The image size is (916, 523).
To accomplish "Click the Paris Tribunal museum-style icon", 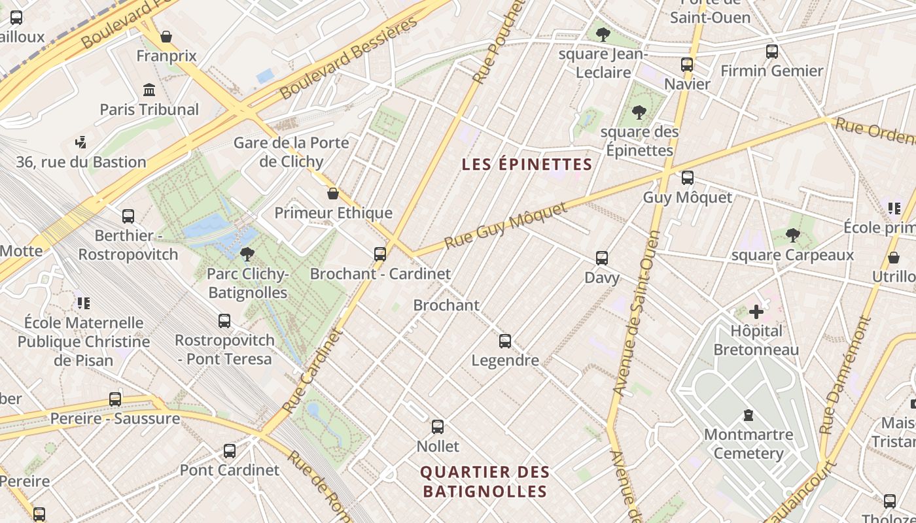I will pyautogui.click(x=149, y=90).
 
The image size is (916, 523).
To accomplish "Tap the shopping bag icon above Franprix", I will pyautogui.click(x=166, y=37).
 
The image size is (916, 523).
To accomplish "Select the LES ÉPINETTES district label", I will pyautogui.click(x=527, y=165).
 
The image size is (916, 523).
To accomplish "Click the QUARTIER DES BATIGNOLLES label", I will pyautogui.click(x=485, y=482).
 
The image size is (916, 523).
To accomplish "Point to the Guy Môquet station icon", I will pyautogui.click(x=687, y=178).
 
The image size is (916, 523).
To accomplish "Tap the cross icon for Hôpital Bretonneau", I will pyautogui.click(x=756, y=312).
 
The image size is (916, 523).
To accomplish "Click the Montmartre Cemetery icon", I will pyautogui.click(x=749, y=415).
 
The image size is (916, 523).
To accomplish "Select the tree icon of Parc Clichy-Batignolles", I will pyautogui.click(x=247, y=254).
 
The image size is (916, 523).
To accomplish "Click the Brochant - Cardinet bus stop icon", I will pyautogui.click(x=380, y=254).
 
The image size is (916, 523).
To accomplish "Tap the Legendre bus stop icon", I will pyautogui.click(x=505, y=341).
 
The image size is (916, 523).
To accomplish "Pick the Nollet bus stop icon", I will pyautogui.click(x=438, y=428).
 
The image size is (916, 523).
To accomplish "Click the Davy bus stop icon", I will pyautogui.click(x=602, y=258).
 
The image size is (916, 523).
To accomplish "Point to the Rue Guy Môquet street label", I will pyautogui.click(x=506, y=226).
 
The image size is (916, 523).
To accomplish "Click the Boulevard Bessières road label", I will pyautogui.click(x=348, y=58).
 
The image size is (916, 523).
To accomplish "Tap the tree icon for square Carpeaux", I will pyautogui.click(x=792, y=235).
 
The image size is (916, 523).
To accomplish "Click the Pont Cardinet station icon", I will pyautogui.click(x=230, y=451).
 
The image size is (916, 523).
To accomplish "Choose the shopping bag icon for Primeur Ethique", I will pyautogui.click(x=333, y=194).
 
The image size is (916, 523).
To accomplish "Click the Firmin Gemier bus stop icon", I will pyautogui.click(x=772, y=52).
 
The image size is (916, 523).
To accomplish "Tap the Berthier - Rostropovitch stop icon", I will pyautogui.click(x=128, y=216).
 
